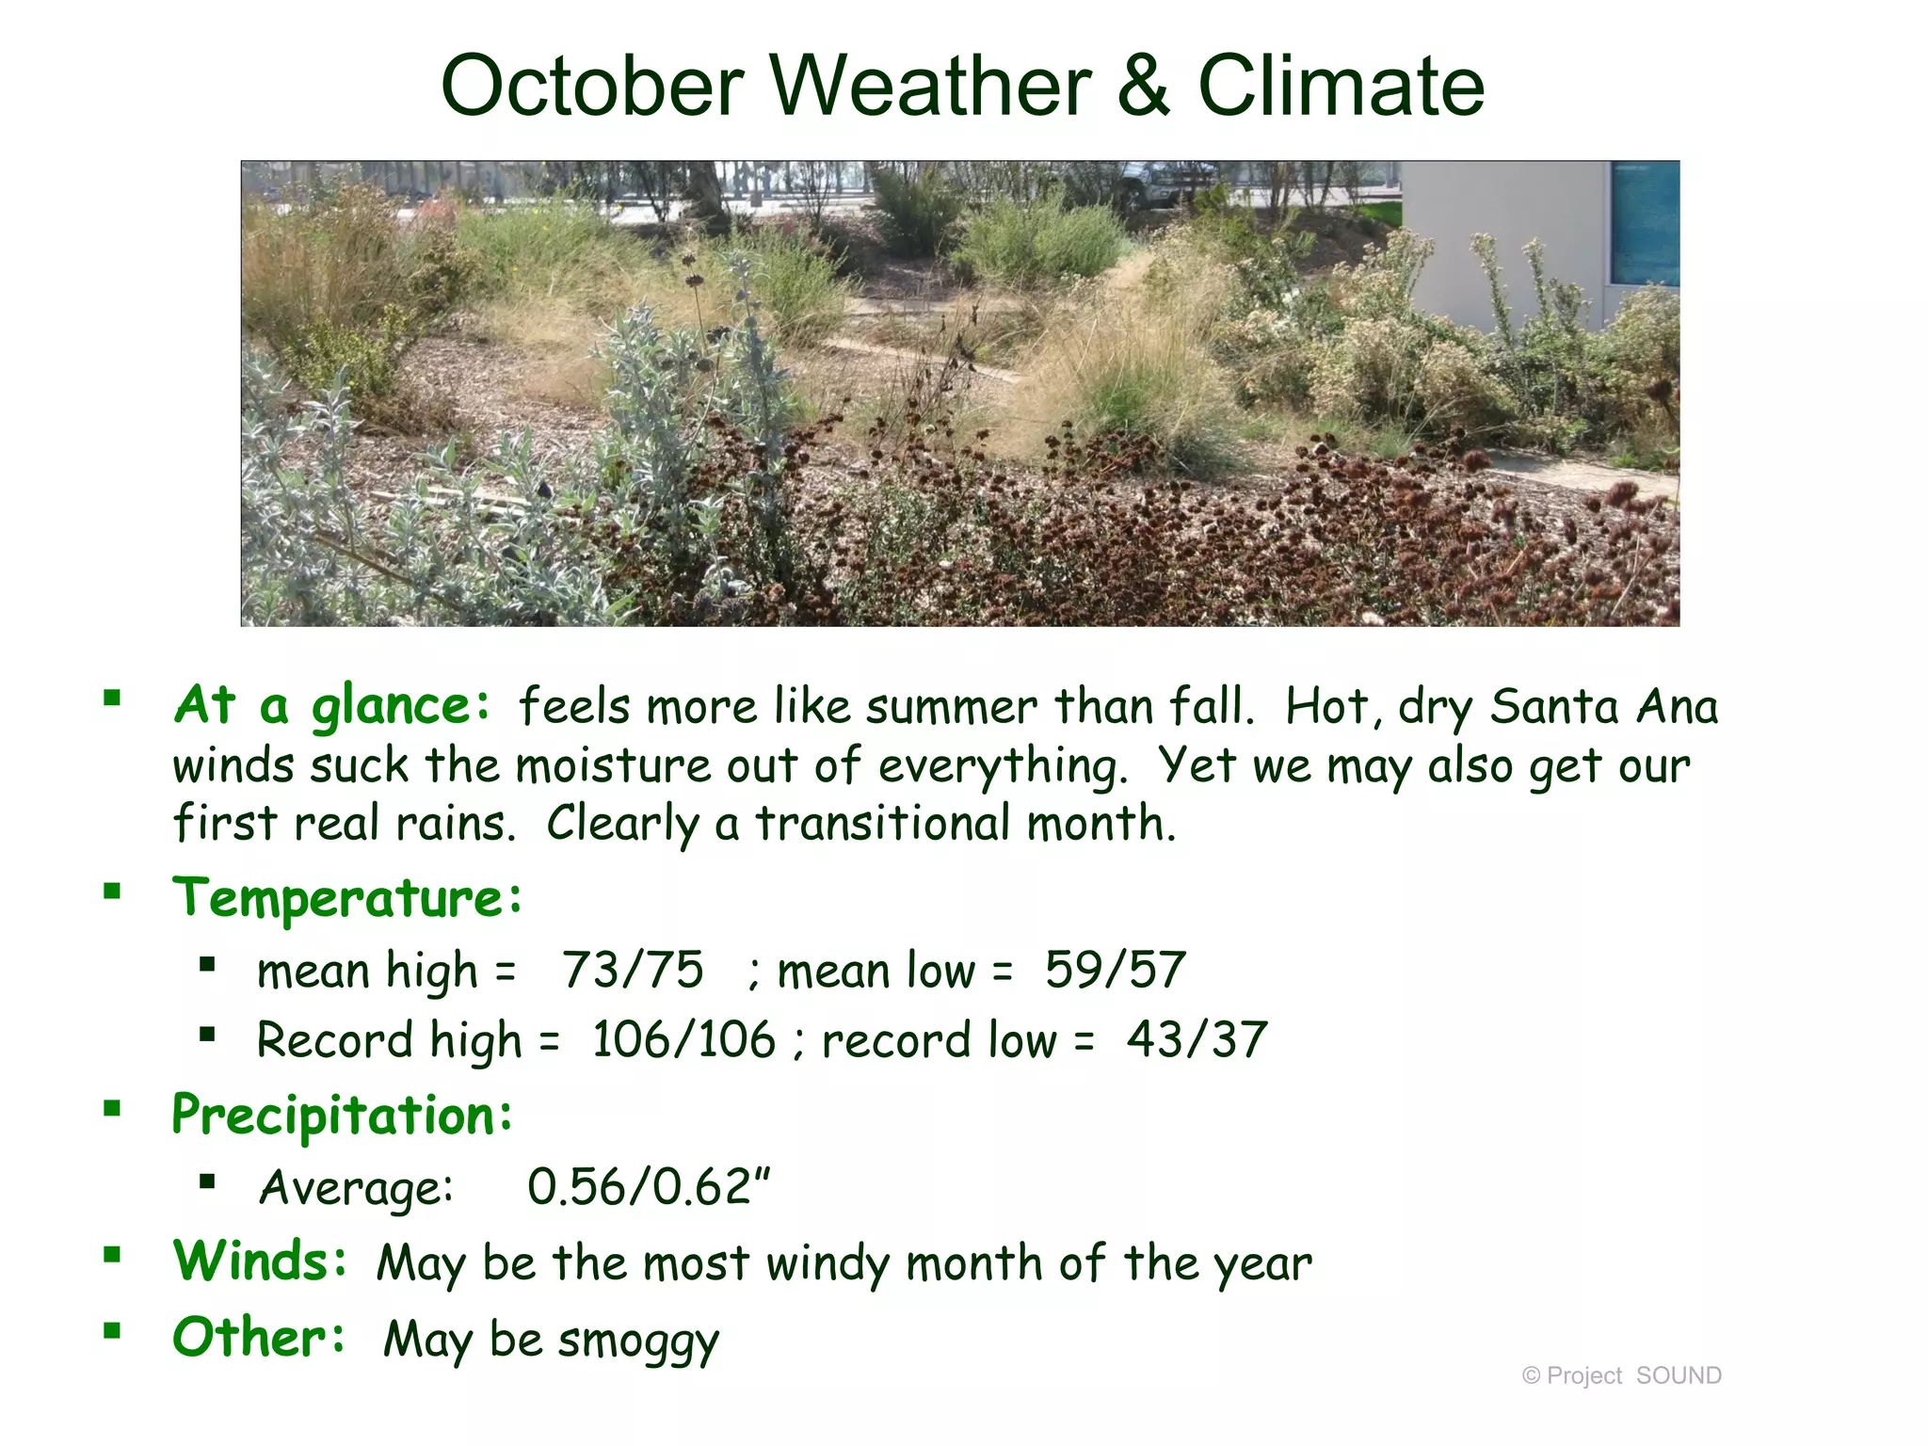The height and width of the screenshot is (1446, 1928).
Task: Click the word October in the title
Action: pos(593,87)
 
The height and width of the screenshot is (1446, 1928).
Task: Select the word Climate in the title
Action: pos(1341,87)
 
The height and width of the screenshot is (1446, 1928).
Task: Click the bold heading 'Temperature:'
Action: pos(347,897)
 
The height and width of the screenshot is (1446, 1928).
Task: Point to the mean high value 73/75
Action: pos(633,970)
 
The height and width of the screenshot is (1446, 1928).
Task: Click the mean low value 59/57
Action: pos(1115,970)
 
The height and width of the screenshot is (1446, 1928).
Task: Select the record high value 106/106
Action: pos(683,1040)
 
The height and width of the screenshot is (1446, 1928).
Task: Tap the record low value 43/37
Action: pos(1197,1040)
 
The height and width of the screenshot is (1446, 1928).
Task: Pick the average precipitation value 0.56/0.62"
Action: pos(649,1186)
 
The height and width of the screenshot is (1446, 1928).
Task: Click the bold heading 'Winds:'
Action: pos(260,1261)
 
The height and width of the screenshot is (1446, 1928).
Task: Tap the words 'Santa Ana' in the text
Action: pos(1603,706)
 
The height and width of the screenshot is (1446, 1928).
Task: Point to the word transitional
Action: pos(885,824)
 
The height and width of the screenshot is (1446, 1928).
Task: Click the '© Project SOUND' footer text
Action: pos(1621,1375)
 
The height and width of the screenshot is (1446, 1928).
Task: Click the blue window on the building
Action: pos(1645,224)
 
